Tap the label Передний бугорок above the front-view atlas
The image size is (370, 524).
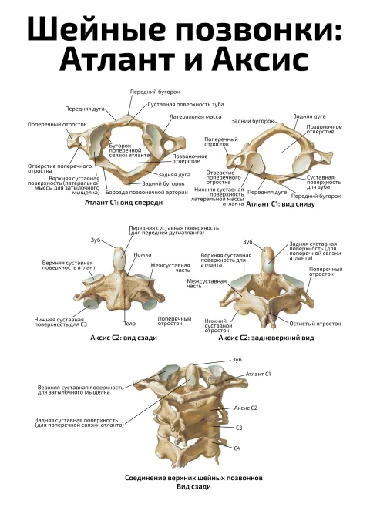pyautogui.click(x=155, y=92)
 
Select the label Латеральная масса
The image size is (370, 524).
pyautogui.click(x=195, y=116)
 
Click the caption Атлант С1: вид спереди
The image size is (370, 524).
pyautogui.click(x=123, y=203)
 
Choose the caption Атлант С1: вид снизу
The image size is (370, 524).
pyautogui.click(x=281, y=204)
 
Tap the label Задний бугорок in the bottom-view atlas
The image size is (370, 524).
pyautogui.click(x=253, y=121)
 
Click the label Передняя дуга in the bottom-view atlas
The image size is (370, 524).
pyautogui.click(x=267, y=193)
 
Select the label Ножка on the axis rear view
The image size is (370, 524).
pyautogui.click(x=143, y=254)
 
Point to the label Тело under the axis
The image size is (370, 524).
pyautogui.click(x=129, y=324)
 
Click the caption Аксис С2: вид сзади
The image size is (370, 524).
pyautogui.click(x=123, y=338)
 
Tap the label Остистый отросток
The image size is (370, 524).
pyautogui.click(x=315, y=324)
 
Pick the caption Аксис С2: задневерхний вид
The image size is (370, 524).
pyautogui.click(x=266, y=338)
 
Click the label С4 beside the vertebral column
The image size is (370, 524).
pyautogui.click(x=237, y=448)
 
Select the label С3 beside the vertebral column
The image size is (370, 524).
pyautogui.click(x=239, y=428)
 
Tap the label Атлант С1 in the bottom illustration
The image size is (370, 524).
pyautogui.click(x=258, y=374)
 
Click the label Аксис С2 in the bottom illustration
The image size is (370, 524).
pyautogui.click(x=245, y=408)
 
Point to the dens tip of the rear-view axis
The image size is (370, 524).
pyautogui.click(x=119, y=247)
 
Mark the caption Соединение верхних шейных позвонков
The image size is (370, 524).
pyautogui.click(x=193, y=478)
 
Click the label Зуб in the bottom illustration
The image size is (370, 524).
pyautogui.click(x=237, y=360)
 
